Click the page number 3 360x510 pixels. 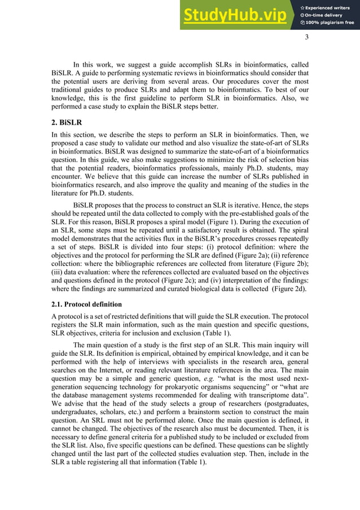click(307, 38)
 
